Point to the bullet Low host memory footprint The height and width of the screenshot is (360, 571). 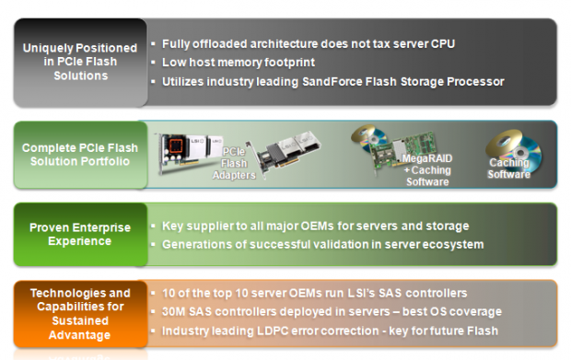click(x=239, y=62)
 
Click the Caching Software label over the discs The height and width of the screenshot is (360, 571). click(x=509, y=168)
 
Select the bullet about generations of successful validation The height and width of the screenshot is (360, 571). click(x=322, y=244)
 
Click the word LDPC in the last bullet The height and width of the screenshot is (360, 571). click(x=271, y=331)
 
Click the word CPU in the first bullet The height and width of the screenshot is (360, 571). click(x=442, y=43)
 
